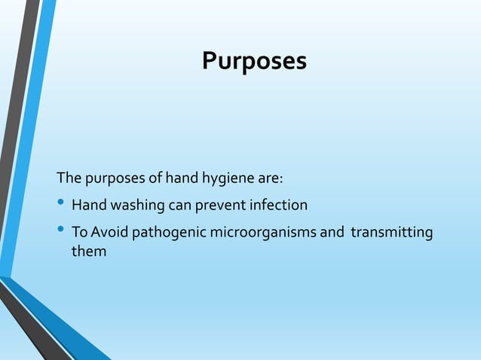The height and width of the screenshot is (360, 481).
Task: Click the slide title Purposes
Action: [x=254, y=61]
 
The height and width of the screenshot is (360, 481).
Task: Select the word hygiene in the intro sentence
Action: [x=225, y=179]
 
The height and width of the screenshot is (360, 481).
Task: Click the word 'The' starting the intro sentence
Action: [x=68, y=179]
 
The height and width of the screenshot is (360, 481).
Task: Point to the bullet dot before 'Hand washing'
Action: [x=62, y=204]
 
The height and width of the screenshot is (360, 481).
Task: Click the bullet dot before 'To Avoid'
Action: [x=62, y=231]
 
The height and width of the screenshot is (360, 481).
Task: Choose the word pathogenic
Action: [x=164, y=232]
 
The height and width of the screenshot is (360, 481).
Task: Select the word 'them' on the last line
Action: [x=88, y=252]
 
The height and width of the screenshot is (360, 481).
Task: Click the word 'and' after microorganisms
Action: [x=332, y=232]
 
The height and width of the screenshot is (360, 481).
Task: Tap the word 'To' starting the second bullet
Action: [x=79, y=232]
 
